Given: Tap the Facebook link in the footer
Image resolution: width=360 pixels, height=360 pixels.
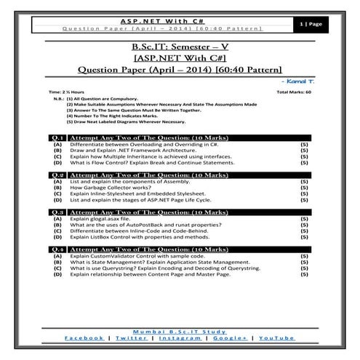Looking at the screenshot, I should coord(84,338).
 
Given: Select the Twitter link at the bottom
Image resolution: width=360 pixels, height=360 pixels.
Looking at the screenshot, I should coord(131,338).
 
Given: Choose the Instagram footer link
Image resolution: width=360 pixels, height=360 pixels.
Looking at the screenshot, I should coord(180,338).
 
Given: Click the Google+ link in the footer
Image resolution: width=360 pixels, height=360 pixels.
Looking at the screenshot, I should coord(230,338).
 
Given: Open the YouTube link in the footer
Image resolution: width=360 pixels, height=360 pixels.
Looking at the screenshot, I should coord(276,338).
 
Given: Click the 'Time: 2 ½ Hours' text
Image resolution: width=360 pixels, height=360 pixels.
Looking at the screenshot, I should coord(65,93).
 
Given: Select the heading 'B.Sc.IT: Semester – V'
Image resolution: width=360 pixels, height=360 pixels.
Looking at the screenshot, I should coord(180,48).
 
